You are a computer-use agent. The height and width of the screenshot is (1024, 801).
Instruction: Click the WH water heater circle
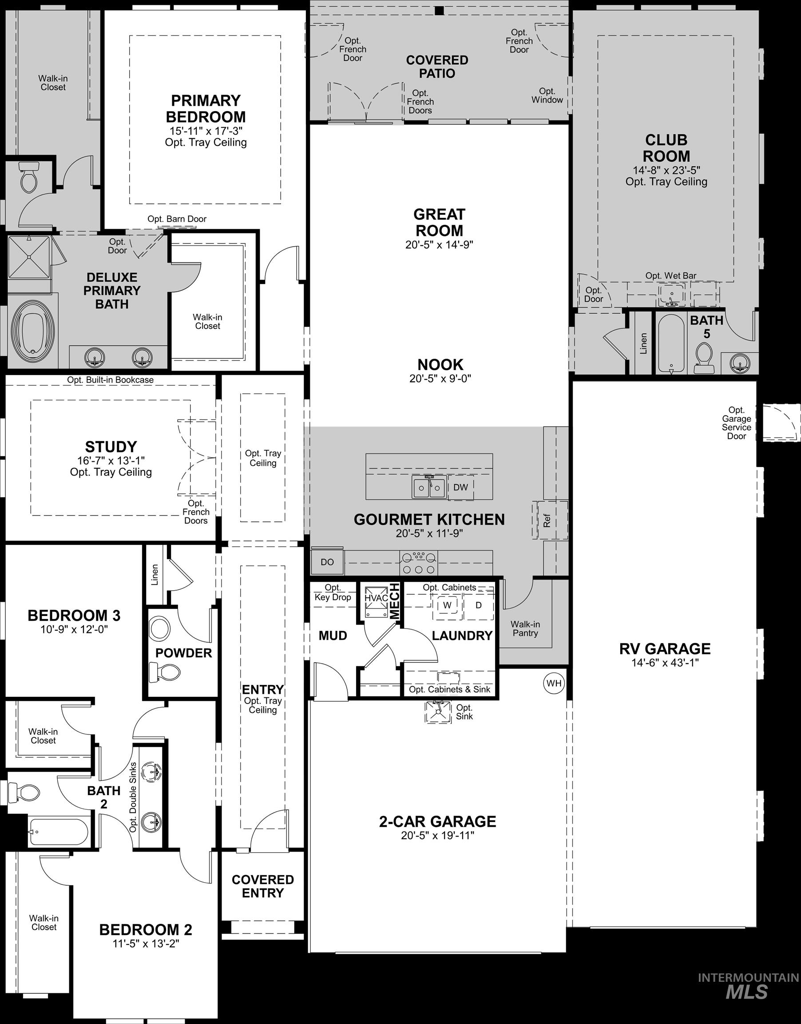[554, 683]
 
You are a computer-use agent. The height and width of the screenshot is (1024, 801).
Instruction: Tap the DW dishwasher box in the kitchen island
[460, 487]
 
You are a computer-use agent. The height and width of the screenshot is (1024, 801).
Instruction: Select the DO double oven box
[327, 562]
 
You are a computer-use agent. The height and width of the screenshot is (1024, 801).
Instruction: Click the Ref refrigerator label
[547, 520]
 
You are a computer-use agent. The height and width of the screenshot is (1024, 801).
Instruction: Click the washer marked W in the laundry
[448, 605]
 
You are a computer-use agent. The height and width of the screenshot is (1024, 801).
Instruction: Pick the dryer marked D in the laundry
[478, 605]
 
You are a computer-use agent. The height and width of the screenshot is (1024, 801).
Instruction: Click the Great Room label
[440, 223]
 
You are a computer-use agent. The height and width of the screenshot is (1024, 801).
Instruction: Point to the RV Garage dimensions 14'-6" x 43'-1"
[665, 663]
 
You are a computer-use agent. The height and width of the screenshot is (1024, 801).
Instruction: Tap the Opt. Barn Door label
[177, 219]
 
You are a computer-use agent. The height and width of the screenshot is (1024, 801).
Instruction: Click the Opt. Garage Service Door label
[736, 423]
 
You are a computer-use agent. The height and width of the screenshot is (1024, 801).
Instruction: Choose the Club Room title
[666, 148]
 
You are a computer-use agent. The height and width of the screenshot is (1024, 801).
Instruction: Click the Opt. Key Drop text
[333, 592]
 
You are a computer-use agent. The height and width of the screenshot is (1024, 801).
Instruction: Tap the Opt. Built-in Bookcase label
[110, 380]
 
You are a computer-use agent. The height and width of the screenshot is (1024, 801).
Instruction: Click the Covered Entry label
[262, 886]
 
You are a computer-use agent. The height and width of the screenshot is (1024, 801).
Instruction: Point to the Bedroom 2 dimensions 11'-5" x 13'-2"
[146, 943]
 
